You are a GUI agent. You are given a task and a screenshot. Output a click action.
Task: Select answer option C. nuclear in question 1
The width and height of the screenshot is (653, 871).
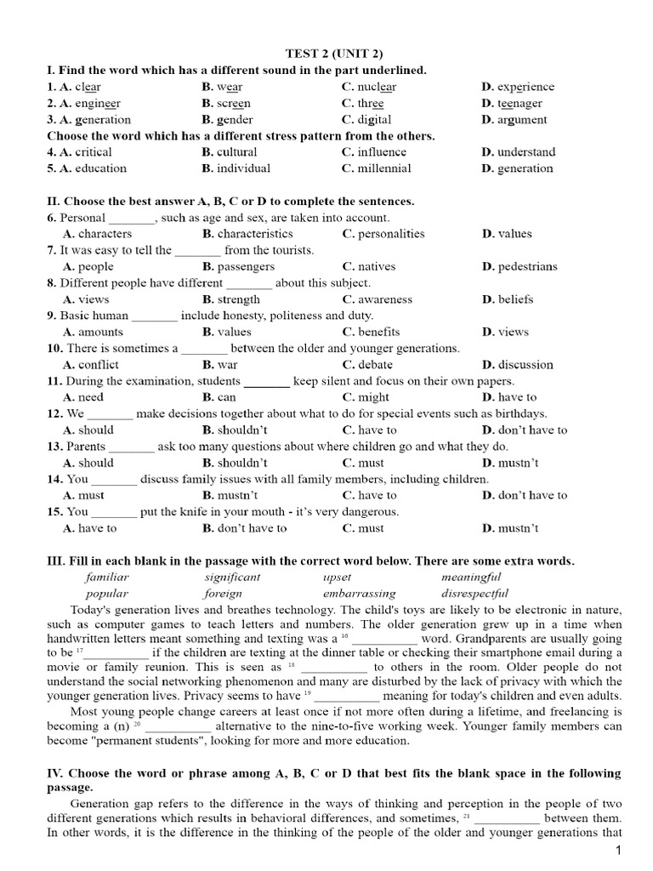click(369, 87)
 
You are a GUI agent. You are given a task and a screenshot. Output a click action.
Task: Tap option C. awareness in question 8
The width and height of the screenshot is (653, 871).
click(377, 299)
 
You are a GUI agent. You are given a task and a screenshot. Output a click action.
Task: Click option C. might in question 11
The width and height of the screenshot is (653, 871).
click(364, 397)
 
